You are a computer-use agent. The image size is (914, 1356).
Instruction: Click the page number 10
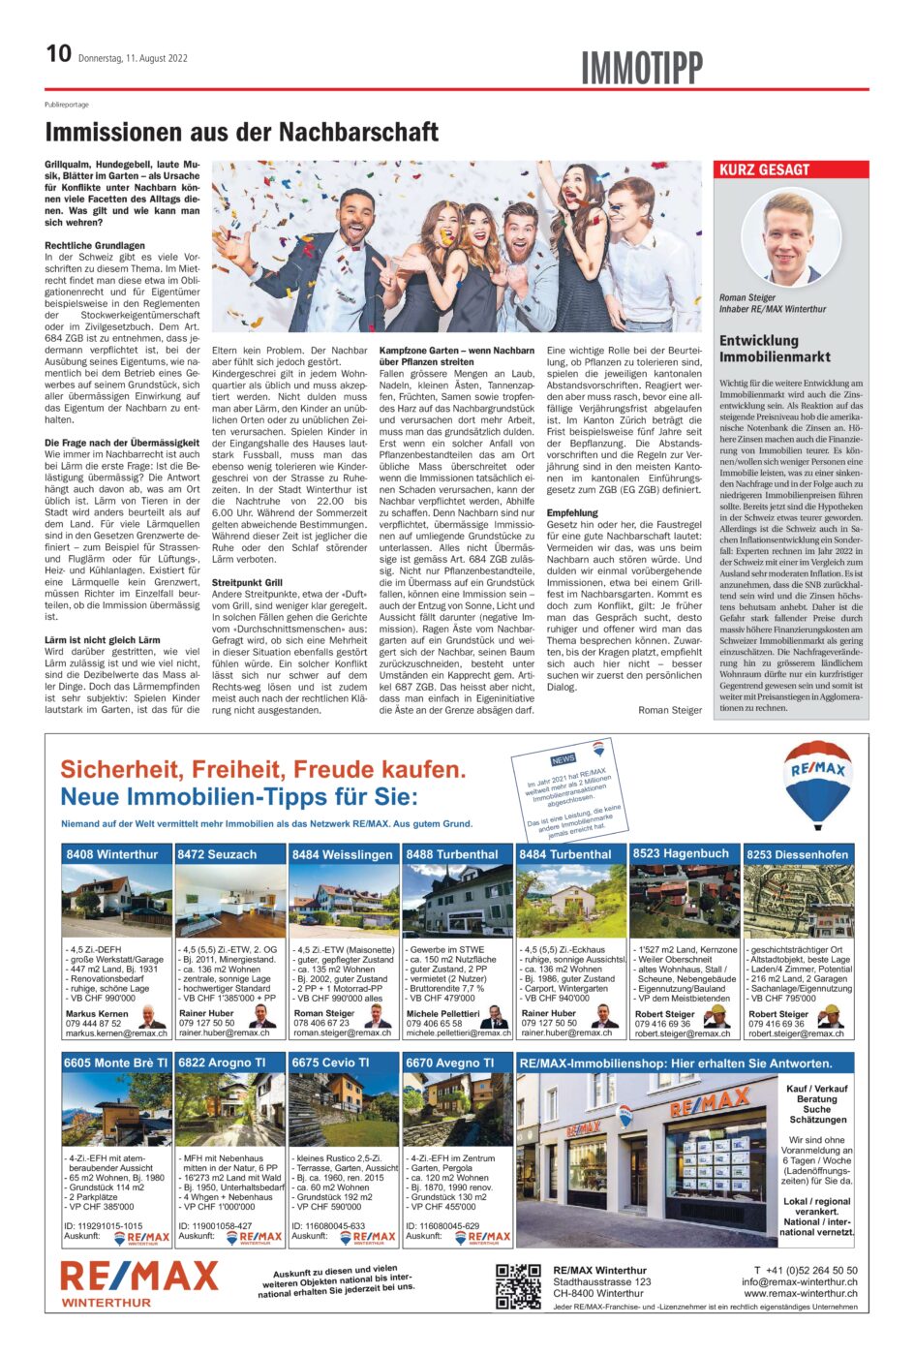[58, 53]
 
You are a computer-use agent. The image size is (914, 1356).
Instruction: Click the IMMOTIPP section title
[641, 68]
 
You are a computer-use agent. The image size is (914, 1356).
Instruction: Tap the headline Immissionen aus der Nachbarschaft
[241, 132]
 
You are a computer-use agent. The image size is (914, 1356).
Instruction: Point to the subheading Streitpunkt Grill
[247, 583]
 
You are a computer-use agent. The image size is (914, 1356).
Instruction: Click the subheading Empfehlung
[572, 512]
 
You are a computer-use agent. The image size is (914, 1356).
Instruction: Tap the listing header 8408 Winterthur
[112, 854]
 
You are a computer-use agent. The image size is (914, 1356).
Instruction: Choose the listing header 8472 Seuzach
[218, 854]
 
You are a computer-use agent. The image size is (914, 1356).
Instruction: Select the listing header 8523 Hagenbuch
[681, 853]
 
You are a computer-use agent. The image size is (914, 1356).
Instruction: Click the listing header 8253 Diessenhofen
[797, 854]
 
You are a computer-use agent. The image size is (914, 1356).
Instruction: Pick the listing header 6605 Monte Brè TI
[116, 1063]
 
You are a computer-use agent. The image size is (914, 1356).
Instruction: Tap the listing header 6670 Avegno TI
[450, 1063]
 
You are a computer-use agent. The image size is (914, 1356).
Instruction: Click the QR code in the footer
[518, 1286]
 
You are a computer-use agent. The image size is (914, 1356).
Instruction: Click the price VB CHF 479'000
[442, 999]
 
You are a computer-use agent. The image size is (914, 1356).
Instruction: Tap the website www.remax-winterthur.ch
[801, 1294]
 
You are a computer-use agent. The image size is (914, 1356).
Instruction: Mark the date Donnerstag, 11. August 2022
[133, 58]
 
